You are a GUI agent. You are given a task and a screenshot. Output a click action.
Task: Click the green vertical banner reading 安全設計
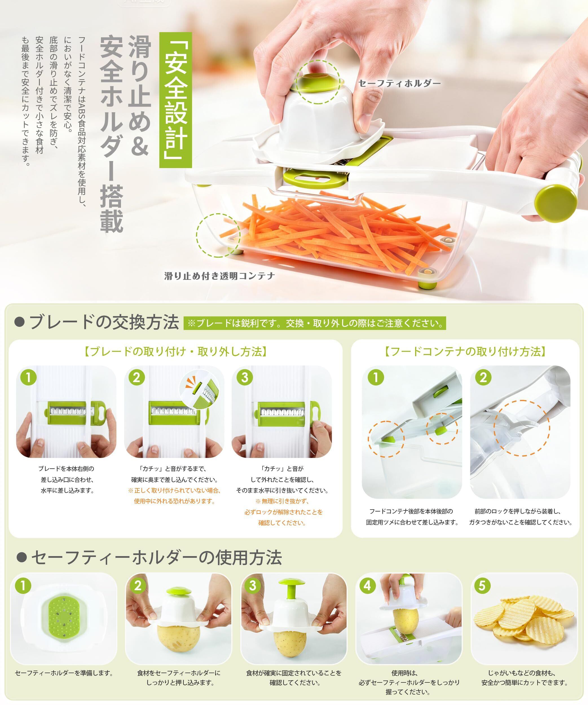pos(175,100)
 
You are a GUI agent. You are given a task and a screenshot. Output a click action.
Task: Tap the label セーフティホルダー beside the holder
pos(399,83)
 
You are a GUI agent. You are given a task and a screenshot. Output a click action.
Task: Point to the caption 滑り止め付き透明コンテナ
pos(220,276)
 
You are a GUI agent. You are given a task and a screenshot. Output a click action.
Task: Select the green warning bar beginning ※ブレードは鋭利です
pos(315,323)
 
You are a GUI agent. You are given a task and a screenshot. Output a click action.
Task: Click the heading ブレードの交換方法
pos(97,323)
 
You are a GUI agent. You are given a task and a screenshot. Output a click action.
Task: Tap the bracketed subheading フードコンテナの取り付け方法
pos(465,352)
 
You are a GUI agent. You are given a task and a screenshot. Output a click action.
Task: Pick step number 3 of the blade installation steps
pos(245,377)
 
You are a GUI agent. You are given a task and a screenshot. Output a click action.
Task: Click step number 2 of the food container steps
pos(483,377)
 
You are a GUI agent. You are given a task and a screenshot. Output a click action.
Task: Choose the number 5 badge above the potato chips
pos(482,585)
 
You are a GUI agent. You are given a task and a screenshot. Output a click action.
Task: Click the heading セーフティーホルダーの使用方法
pos(149,557)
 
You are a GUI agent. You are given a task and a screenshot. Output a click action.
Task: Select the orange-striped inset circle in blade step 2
pos(199,389)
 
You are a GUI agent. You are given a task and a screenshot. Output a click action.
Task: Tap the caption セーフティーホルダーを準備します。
pos(64,673)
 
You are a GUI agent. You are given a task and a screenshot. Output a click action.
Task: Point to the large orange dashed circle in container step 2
pos(521,428)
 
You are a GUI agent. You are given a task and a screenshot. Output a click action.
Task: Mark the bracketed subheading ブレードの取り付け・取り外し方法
pos(175,352)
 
